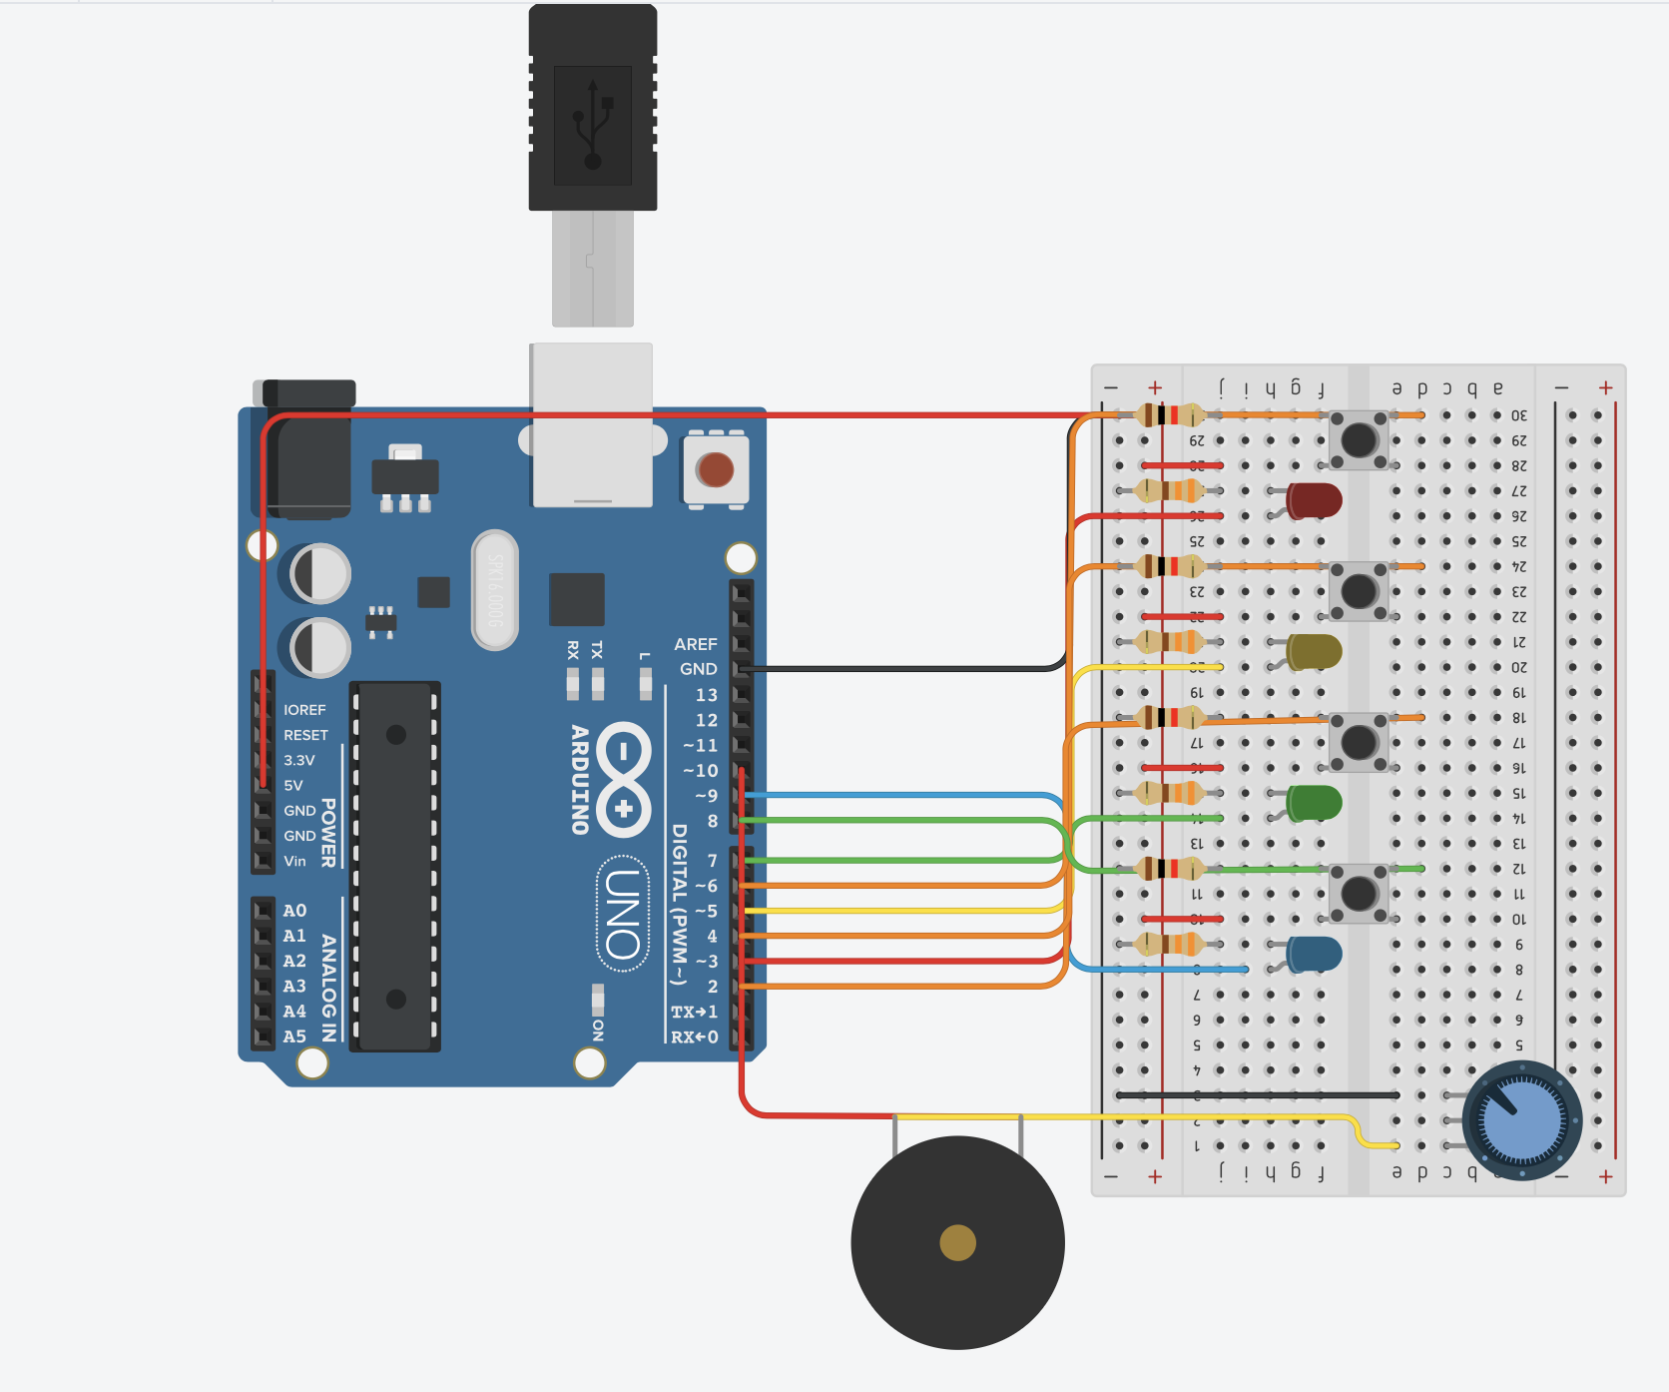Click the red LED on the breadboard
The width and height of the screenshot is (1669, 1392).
(x=1314, y=500)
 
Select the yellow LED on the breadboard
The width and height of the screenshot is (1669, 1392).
(x=1314, y=651)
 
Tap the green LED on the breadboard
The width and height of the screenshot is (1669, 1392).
(x=1314, y=802)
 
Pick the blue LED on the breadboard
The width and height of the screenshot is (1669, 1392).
(x=1314, y=954)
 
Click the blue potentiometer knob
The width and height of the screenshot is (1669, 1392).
(x=1521, y=1120)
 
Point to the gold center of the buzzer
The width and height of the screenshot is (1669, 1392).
(x=957, y=1243)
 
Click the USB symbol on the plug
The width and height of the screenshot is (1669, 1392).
(x=593, y=125)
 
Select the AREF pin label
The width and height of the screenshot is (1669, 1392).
(x=695, y=645)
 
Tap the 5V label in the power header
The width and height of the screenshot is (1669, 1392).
(x=293, y=786)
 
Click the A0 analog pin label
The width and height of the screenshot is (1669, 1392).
(x=294, y=911)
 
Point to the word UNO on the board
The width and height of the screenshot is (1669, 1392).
(x=623, y=914)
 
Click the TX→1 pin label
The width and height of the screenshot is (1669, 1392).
(x=694, y=1013)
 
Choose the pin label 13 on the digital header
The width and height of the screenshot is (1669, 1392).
(x=706, y=695)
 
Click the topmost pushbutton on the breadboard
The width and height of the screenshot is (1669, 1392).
(x=1359, y=439)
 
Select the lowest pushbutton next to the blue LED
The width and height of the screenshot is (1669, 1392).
(x=1359, y=893)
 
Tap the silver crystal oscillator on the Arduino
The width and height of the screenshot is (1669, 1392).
(x=495, y=590)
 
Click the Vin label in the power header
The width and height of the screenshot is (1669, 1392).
(x=295, y=861)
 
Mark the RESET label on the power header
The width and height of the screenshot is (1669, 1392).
(x=305, y=735)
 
